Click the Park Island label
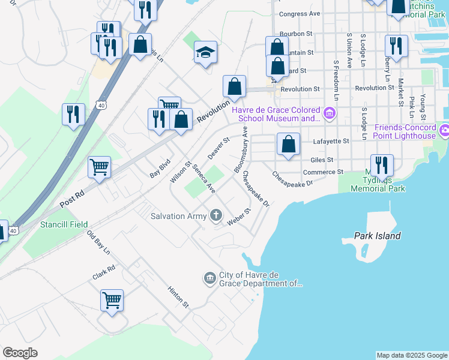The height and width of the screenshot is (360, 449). click(x=377, y=236)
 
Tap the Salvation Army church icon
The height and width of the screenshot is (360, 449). click(x=216, y=216)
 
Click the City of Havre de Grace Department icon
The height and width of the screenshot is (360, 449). click(x=209, y=277)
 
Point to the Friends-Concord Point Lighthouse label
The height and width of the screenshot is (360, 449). click(x=405, y=131)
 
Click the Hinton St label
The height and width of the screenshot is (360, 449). click(x=178, y=296)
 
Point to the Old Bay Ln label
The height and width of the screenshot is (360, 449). click(x=98, y=242)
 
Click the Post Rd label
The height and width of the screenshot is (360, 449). click(x=73, y=200)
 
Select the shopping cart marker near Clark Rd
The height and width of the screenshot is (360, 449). click(x=112, y=300)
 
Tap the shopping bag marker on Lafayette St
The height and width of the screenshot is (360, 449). click(x=289, y=144)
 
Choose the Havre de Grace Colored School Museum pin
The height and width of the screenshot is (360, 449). click(x=329, y=113)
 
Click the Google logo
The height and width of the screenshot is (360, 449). click(x=20, y=353)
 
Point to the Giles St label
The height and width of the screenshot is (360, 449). click(x=322, y=160)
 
